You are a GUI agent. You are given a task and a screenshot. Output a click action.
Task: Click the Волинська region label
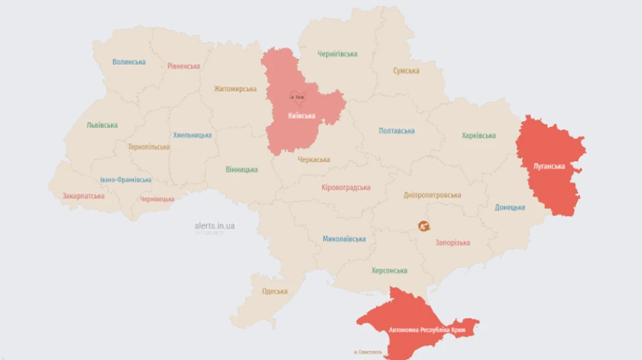tap(129, 62)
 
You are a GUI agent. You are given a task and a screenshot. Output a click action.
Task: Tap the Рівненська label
tap(184, 66)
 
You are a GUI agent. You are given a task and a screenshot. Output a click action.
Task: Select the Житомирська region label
tap(235, 89)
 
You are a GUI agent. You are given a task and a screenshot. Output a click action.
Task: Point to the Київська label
tap(302, 115)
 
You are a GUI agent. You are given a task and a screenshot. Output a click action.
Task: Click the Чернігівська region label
tap(337, 54)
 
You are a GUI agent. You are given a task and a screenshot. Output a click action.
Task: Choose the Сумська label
tap(406, 71)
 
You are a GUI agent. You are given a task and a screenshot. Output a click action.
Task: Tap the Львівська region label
tap(102, 125)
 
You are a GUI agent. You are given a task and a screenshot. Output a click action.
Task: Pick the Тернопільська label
tap(148, 147)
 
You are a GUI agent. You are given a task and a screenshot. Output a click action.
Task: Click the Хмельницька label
tap(192, 135)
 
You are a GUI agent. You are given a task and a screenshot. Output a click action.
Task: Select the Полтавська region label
tap(397, 131)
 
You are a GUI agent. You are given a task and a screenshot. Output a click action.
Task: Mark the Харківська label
tap(479, 135)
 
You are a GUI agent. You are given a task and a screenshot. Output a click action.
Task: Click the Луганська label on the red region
tap(549, 167)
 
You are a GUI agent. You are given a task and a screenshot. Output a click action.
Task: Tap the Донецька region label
tap(510, 207)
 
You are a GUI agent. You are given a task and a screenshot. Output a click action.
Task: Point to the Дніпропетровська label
tap(432, 195)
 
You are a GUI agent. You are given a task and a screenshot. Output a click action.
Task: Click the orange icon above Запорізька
tap(424, 227)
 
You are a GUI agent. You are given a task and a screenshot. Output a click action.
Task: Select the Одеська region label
tap(275, 291)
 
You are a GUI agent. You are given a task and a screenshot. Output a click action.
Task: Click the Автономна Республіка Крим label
tap(422, 331)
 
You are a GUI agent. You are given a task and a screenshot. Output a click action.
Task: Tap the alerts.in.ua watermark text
tap(215, 226)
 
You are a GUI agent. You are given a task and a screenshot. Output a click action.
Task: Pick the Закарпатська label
tap(83, 196)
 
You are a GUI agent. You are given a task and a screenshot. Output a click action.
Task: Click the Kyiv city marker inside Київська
tap(297, 96)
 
